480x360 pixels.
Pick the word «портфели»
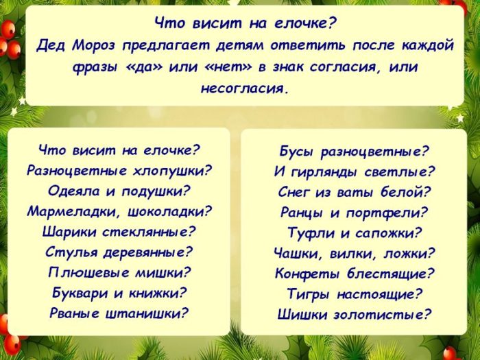(x=389, y=213)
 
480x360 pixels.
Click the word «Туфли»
(x=310, y=233)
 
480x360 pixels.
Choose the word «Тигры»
(x=309, y=295)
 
